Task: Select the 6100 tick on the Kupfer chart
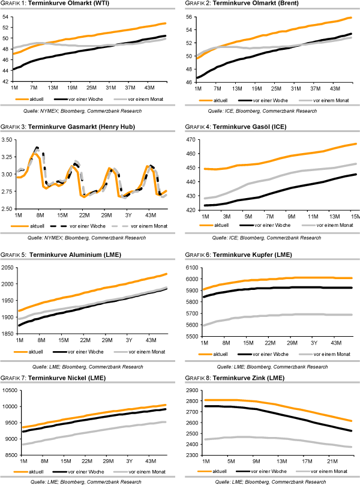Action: pos(189,268)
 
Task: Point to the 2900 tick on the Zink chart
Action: pos(189,391)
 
